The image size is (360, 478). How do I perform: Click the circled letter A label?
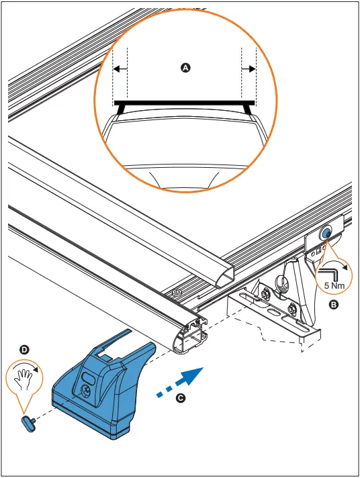186,68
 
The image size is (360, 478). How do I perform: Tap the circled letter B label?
333,304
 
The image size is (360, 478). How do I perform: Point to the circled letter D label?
25,350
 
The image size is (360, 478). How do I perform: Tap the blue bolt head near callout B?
324,233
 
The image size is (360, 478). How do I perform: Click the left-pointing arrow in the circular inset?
120,68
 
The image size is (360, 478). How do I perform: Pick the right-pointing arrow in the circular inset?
248,68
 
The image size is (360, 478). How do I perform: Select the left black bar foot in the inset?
122,108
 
